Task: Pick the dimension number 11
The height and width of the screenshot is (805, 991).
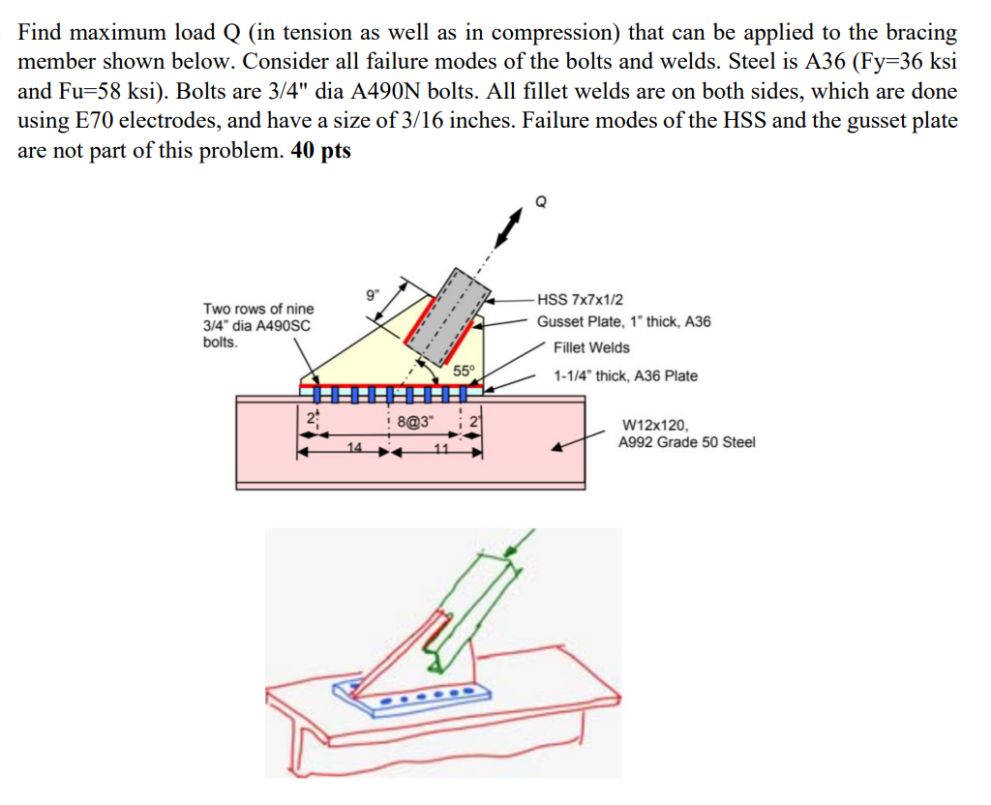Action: [440, 448]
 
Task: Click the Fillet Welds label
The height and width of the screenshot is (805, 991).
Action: [591, 347]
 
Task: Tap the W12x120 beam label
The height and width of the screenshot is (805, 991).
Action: [655, 424]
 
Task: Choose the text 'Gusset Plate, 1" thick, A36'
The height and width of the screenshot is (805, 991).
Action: [624, 321]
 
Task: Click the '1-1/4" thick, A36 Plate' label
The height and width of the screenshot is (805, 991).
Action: [625, 375]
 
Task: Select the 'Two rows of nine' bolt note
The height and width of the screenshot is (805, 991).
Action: [258, 309]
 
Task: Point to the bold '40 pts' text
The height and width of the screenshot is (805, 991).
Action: [320, 153]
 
